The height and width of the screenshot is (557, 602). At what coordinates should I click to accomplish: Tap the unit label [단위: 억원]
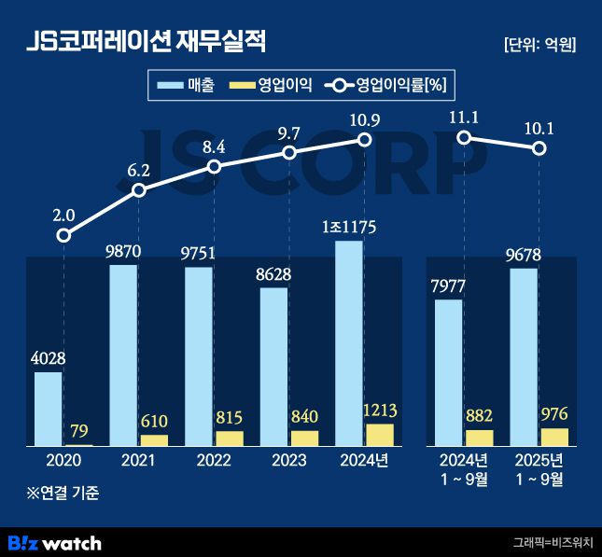[539, 45]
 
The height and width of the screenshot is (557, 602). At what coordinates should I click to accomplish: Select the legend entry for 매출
[187, 86]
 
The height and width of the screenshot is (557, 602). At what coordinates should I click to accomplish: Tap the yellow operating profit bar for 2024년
[380, 435]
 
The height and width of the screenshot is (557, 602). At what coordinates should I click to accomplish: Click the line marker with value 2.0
[63, 235]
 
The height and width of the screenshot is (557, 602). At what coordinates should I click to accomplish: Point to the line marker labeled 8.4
[214, 166]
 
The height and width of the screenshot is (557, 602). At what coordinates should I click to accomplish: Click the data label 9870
[123, 252]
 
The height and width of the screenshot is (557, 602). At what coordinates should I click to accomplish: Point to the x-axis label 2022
[215, 460]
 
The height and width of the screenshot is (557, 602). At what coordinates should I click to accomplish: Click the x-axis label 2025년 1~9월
[539, 469]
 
